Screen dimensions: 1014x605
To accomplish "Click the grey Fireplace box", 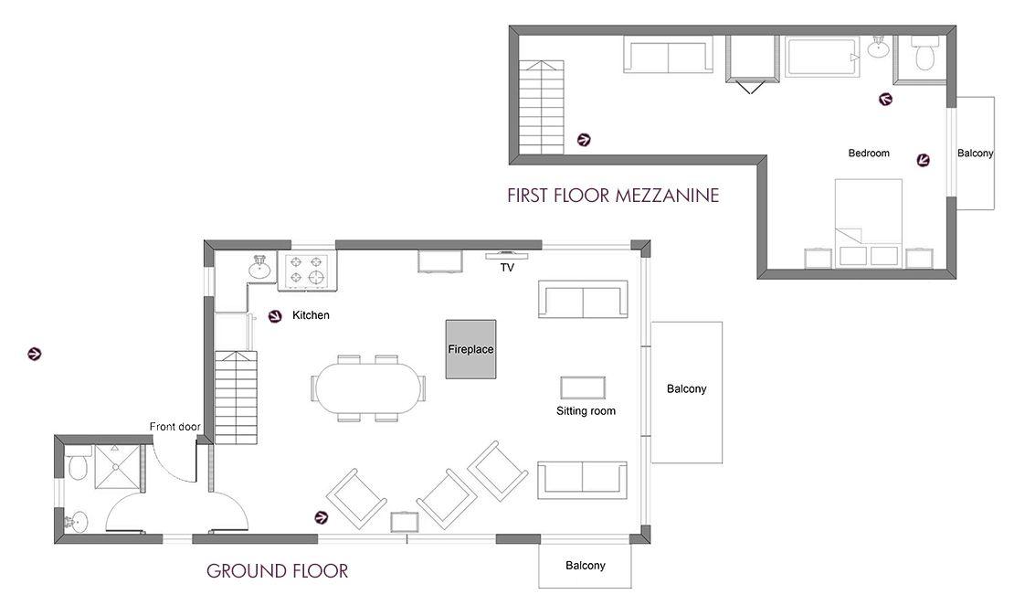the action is (470, 349).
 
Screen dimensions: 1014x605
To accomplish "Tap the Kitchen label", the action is (312, 315).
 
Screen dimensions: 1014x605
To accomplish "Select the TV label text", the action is (507, 267).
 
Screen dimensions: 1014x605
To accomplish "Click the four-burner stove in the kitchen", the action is (307, 270).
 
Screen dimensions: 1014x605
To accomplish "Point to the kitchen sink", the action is (260, 267).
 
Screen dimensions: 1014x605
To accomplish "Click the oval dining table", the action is (366, 387).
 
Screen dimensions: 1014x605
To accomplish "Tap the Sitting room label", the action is (586, 411).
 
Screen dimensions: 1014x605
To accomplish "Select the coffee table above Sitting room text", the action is (583, 387).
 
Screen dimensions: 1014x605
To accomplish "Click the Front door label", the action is (174, 427).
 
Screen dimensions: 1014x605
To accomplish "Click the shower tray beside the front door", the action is (118, 466).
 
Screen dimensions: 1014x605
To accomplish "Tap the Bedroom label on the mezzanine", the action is (869, 154).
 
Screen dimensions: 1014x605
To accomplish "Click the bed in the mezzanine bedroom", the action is (869, 223).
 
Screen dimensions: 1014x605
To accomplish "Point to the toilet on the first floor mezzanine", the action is (925, 53).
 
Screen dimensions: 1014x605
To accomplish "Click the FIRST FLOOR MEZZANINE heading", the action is (613, 196).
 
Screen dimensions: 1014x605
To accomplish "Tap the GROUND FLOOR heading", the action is (278, 570).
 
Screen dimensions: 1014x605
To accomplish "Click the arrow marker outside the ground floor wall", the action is (35, 354).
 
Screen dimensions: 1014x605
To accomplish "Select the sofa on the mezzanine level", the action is (668, 54).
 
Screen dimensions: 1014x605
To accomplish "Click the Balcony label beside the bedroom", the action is (976, 154).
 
